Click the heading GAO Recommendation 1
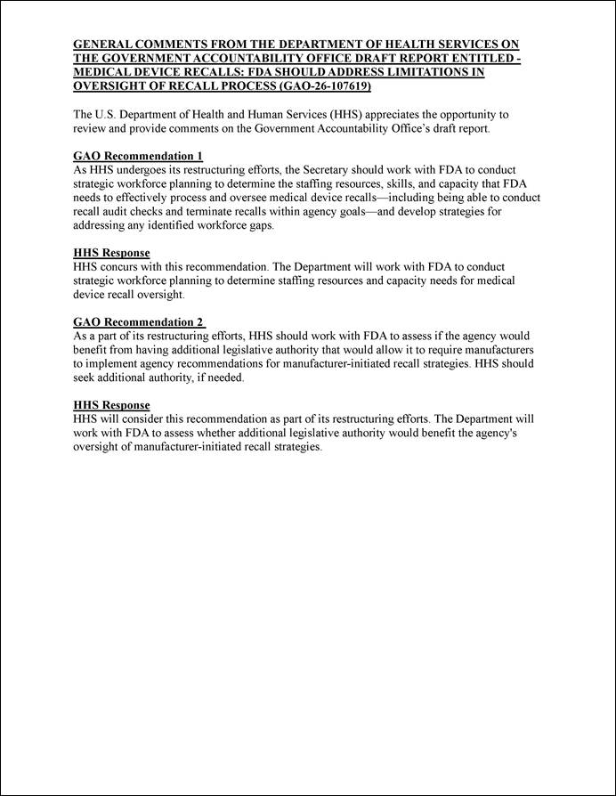(x=138, y=156)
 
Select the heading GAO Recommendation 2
(x=138, y=321)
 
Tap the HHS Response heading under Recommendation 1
(x=111, y=253)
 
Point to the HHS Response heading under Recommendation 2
(x=111, y=405)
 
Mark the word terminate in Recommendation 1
(x=224, y=212)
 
